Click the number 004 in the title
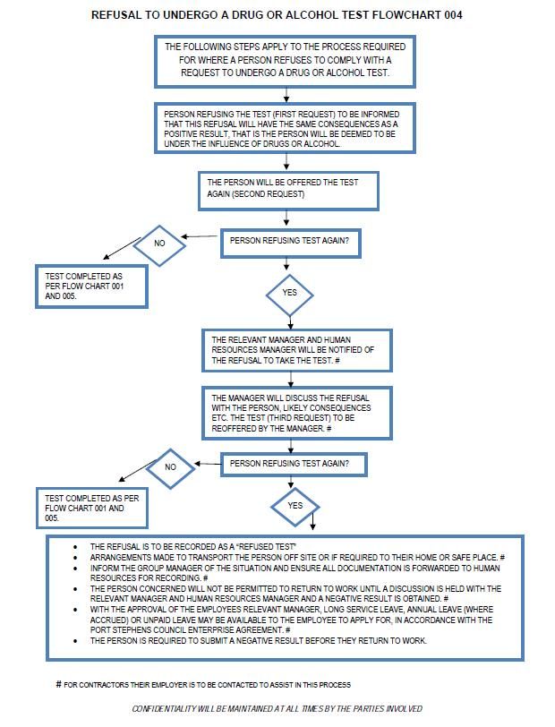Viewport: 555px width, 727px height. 453,15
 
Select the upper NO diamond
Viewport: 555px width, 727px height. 159,245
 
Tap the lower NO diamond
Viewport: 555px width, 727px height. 171,467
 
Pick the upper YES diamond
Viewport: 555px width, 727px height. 290,295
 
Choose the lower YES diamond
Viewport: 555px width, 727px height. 295,507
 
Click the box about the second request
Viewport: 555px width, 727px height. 288,191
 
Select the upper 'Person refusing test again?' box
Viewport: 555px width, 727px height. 290,244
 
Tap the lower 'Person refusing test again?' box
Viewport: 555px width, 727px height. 294,465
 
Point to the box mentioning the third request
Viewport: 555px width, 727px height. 296,413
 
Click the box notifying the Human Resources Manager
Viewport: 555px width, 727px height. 296,351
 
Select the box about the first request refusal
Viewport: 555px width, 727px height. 285,128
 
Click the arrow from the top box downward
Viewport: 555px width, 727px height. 286,95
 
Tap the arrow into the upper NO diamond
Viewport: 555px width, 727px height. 200,236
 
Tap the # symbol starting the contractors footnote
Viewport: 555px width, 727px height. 58,684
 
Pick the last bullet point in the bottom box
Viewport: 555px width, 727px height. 75,641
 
